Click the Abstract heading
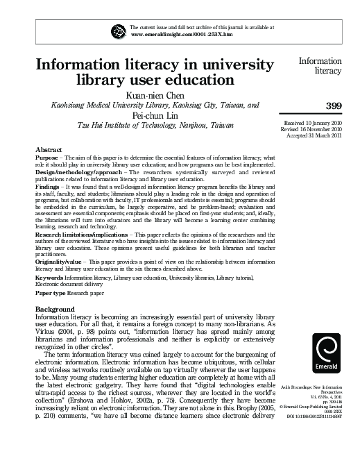tap(50, 150)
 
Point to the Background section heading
tap(57, 307)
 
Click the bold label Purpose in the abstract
tap(49, 158)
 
